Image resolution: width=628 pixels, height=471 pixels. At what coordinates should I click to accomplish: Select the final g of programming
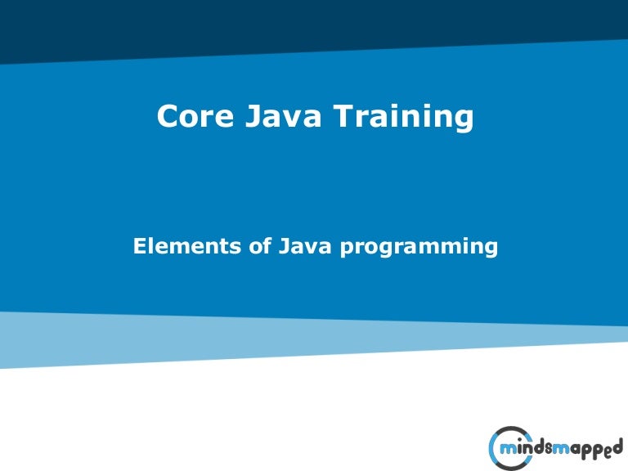[491, 249]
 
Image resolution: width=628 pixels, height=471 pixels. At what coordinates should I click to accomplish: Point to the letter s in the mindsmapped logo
[549, 449]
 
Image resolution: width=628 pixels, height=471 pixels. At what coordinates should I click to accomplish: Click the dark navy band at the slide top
[314, 20]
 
